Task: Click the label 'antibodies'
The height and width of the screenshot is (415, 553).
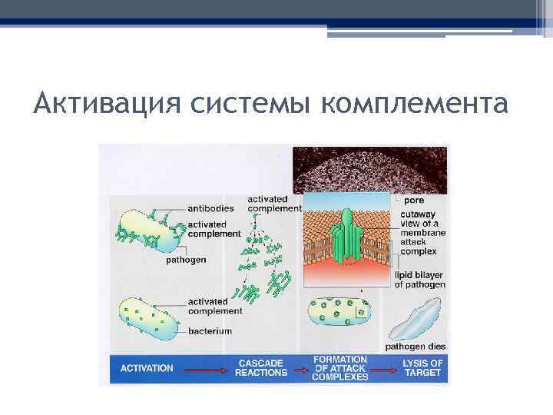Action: pyautogui.click(x=211, y=207)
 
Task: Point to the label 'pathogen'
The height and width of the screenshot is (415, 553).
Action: pyautogui.click(x=186, y=260)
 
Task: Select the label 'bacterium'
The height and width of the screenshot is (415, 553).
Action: pyautogui.click(x=210, y=331)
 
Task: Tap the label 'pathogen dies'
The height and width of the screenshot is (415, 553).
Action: pyautogui.click(x=415, y=347)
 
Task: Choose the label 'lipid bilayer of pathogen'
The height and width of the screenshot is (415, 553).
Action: pyautogui.click(x=419, y=279)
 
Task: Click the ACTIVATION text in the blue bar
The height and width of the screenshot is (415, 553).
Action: pyautogui.click(x=147, y=368)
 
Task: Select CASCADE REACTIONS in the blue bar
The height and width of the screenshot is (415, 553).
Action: pyautogui.click(x=262, y=368)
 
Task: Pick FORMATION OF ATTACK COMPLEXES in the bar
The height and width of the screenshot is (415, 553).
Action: pyautogui.click(x=340, y=368)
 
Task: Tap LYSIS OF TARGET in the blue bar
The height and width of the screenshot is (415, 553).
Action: pyautogui.click(x=423, y=368)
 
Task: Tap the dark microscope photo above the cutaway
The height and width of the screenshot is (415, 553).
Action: pyautogui.click(x=369, y=168)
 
